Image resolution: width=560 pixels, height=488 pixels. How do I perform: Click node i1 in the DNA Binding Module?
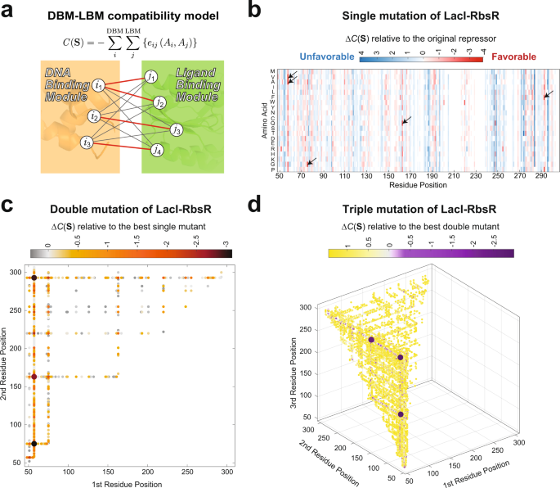coord(98,84)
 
